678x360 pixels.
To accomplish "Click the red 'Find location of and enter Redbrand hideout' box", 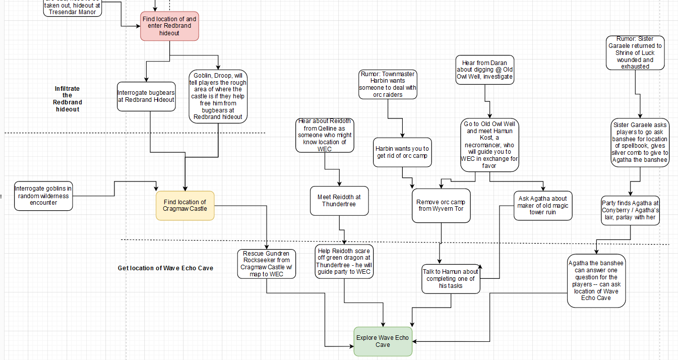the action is click(x=169, y=26).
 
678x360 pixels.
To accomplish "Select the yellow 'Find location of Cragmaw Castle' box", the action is click(x=185, y=206).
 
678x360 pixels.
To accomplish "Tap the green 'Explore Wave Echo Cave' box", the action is click(x=383, y=341).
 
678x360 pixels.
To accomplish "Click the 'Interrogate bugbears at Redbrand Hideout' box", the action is click(x=146, y=96).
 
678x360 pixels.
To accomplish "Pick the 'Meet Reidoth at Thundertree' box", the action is click(x=339, y=201).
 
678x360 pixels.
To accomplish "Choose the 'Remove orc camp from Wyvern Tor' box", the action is click(x=441, y=206).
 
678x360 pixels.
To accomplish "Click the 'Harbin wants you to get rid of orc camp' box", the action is click(x=402, y=152).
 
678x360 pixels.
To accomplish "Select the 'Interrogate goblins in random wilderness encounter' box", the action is click(x=43, y=196).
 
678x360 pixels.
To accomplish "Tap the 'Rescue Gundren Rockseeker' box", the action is click(x=267, y=264).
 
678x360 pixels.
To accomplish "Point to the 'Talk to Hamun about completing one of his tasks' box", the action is click(x=451, y=278).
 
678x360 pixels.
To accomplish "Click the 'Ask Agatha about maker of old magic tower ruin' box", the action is click(x=543, y=206).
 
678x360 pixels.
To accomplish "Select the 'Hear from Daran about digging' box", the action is click(x=484, y=70).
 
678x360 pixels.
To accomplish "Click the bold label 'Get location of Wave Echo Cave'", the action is click(x=165, y=268).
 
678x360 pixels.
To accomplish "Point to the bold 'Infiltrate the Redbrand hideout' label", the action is click(x=67, y=99).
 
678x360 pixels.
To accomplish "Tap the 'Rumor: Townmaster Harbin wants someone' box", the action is click(x=388, y=84).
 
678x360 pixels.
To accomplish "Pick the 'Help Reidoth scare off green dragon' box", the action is click(x=344, y=261).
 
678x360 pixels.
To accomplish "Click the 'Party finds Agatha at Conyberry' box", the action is click(x=630, y=210).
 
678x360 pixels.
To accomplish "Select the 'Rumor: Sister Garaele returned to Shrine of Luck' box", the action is click(x=635, y=52).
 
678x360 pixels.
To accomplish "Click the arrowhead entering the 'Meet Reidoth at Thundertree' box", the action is click(x=339, y=184).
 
